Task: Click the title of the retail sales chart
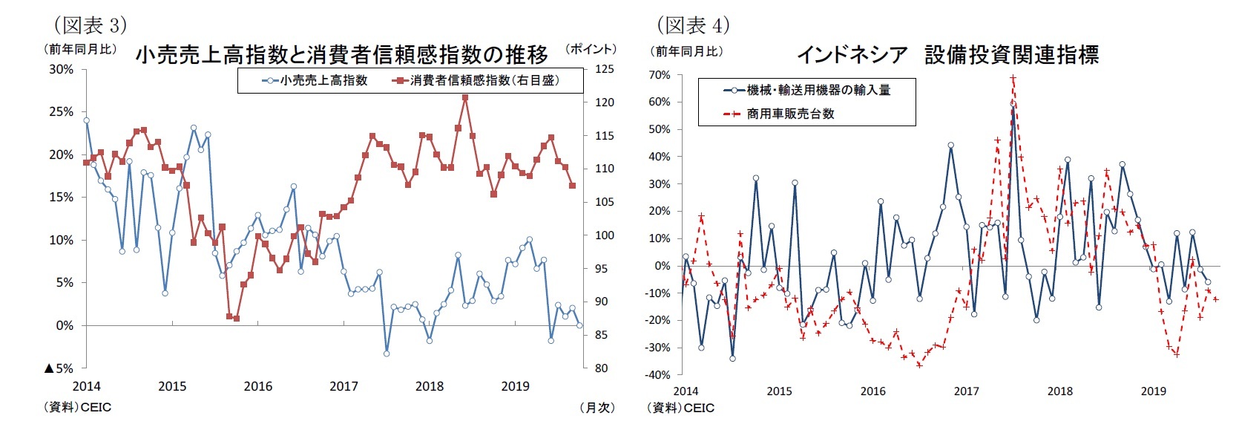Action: (x=341, y=54)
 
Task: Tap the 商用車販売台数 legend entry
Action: (x=790, y=114)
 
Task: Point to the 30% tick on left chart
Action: (x=62, y=69)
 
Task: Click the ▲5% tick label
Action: (x=59, y=368)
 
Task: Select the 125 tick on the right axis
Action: (x=604, y=69)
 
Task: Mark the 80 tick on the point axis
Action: (x=601, y=368)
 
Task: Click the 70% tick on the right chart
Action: (x=659, y=75)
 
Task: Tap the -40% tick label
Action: (x=657, y=375)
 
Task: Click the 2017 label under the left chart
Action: (x=344, y=386)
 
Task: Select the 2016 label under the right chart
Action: (x=872, y=391)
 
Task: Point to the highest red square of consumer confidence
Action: (x=465, y=97)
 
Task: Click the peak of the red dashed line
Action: (x=1013, y=77)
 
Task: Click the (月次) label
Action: (x=597, y=408)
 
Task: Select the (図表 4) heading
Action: (x=693, y=25)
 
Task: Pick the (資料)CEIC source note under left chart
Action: (x=78, y=408)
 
